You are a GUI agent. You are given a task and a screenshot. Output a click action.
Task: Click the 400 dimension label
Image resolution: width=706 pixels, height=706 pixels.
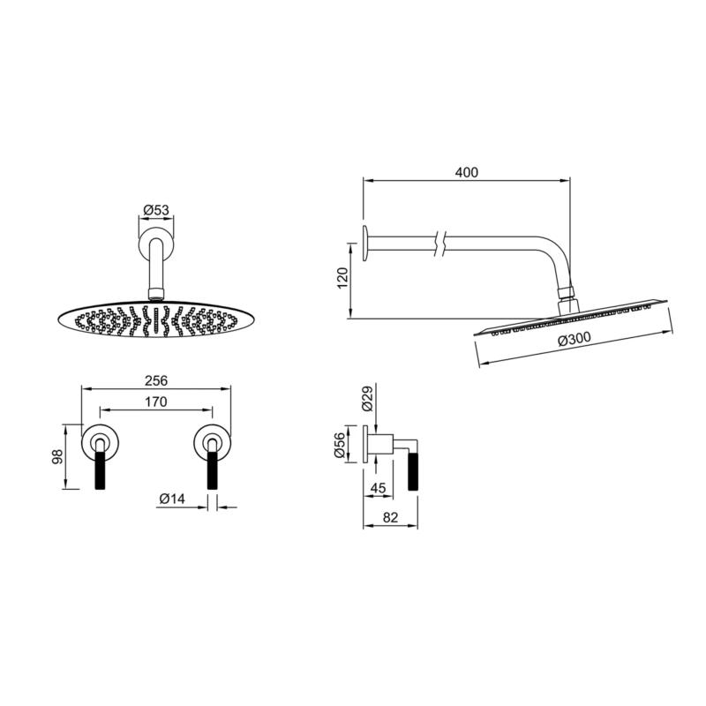click(x=467, y=172)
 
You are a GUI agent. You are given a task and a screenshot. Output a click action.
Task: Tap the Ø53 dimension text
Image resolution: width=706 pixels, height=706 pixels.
click(x=156, y=210)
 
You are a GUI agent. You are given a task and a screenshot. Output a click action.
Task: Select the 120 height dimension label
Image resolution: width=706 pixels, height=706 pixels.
click(x=342, y=278)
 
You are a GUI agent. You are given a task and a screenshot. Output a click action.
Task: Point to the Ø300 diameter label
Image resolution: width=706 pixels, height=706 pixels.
click(x=575, y=339)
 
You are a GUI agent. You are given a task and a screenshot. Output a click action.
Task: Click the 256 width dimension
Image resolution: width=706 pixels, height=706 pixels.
click(x=156, y=381)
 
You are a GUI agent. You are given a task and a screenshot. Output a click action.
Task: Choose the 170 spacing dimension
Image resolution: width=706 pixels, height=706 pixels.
click(x=156, y=402)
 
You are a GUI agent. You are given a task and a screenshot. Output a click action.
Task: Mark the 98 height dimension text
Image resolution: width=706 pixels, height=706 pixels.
click(x=58, y=456)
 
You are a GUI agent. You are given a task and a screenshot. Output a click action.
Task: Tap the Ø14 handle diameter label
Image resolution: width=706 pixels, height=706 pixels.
click(x=172, y=499)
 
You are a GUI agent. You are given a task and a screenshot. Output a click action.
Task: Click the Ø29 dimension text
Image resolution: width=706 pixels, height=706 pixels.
click(x=367, y=398)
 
